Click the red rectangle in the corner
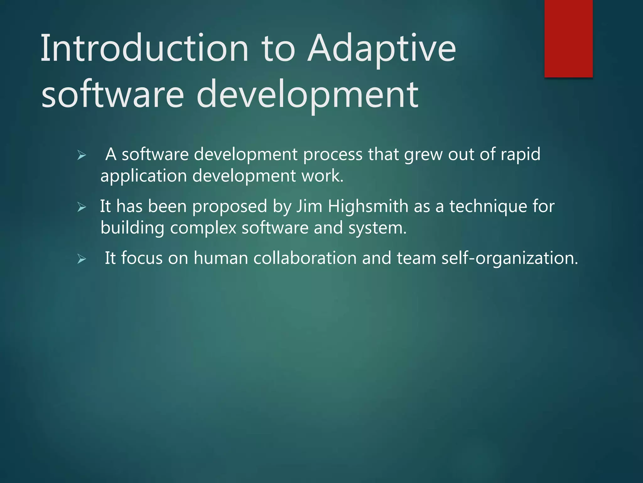click(568, 38)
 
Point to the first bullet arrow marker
click(82, 155)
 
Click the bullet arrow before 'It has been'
click(82, 207)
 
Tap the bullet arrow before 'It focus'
click(82, 259)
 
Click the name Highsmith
click(368, 206)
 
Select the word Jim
click(309, 206)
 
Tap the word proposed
click(230, 207)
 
